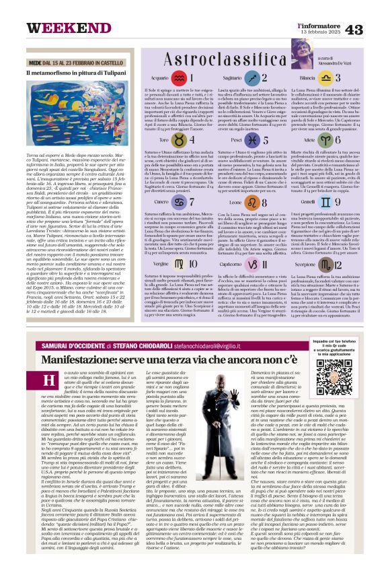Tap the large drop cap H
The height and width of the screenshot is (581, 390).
tap(49, 381)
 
